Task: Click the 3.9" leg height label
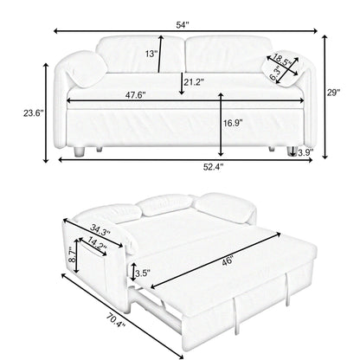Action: click(x=304, y=153)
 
